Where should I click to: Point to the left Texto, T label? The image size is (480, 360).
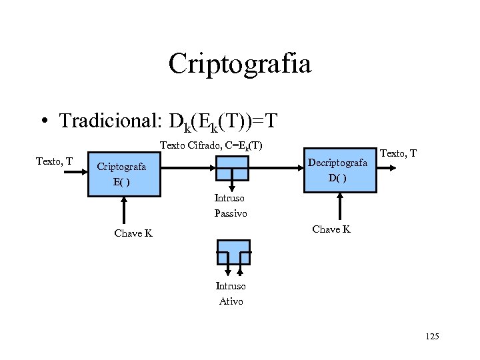tap(54, 160)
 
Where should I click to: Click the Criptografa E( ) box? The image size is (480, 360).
tap(124, 173)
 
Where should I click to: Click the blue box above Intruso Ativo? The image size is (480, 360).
tap(233, 252)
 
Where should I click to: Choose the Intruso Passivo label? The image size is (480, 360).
tap(230, 205)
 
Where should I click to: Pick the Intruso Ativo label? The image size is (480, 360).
tap(231, 293)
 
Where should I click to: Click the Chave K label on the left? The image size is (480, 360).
tap(133, 233)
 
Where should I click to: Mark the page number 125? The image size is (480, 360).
tap(431, 337)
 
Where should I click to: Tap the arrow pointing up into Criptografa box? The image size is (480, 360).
tap(123, 210)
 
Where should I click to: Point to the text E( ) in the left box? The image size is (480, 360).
tap(121, 182)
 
